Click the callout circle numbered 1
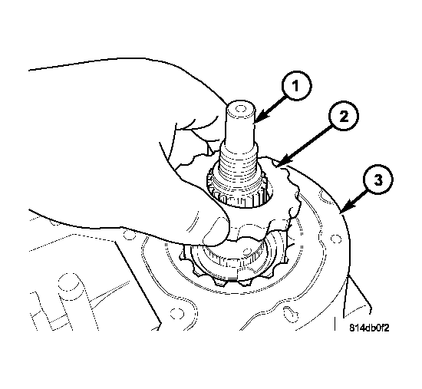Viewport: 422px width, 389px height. click(296, 86)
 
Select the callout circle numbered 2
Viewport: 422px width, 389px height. click(344, 117)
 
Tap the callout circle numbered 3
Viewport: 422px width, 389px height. click(377, 180)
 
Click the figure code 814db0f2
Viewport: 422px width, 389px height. click(369, 328)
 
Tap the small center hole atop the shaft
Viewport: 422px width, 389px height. click(240, 108)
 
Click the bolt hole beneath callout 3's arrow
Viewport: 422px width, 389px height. click(335, 239)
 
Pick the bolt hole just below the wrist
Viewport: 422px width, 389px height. click(128, 235)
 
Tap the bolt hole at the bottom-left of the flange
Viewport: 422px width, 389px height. click(177, 313)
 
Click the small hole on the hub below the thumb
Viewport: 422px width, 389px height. click(246, 252)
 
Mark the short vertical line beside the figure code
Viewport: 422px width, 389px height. click(335, 323)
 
